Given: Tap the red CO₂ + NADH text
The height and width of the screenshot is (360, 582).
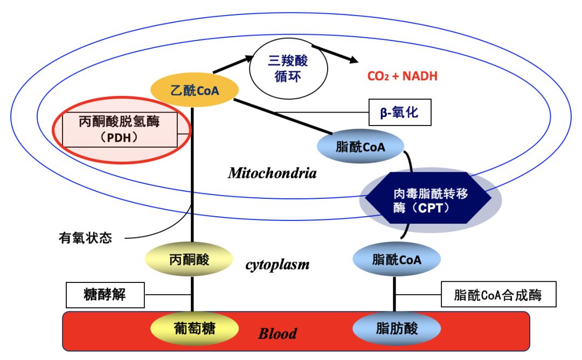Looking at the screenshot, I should tap(402, 76).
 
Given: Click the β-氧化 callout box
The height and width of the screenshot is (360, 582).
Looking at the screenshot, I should tap(399, 113).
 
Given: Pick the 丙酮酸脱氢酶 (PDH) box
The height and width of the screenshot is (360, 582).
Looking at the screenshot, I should tap(120, 129).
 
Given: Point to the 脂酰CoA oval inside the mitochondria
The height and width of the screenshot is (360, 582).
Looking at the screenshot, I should tap(360, 146).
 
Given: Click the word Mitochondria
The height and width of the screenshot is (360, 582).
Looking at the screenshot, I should tap(272, 173).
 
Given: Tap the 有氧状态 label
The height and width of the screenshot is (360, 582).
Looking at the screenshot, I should tap(85, 238).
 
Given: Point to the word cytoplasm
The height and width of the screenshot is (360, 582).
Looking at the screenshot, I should tap(278, 264).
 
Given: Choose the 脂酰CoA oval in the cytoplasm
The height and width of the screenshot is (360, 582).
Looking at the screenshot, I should tap(396, 260).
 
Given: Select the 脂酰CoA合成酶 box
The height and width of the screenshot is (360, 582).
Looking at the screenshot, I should tap(497, 295).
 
